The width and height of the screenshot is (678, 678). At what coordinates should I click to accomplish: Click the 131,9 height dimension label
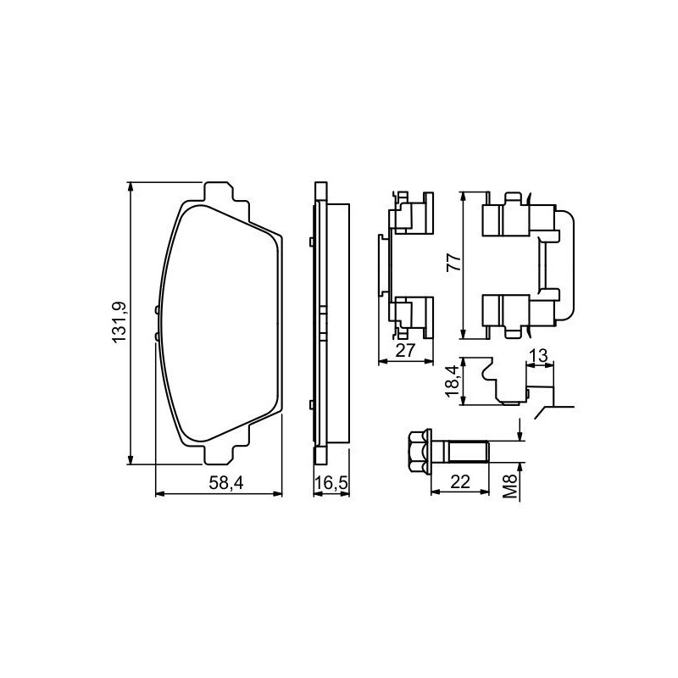point(119,322)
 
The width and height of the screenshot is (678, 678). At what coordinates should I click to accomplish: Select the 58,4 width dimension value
point(226,483)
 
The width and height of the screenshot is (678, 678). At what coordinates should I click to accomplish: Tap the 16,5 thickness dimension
point(331,483)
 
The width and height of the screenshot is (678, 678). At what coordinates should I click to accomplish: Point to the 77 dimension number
point(454,262)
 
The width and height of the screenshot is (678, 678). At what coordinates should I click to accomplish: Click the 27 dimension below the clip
point(405,350)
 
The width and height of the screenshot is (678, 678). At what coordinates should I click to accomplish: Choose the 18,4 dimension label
point(451,381)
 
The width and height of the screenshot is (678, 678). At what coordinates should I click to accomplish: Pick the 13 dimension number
point(538,356)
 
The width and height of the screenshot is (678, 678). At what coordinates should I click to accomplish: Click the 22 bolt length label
point(460,481)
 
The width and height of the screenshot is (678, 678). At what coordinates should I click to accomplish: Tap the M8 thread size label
point(511,486)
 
